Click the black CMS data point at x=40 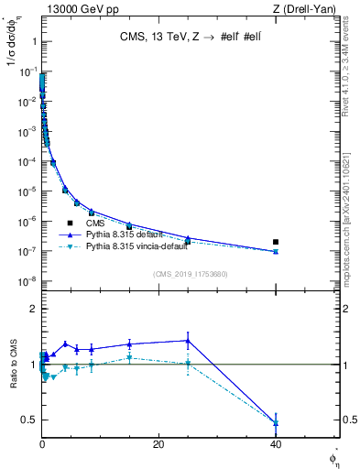pyautogui.click(x=276, y=242)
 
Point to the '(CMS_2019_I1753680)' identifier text pyautogui.click(x=191, y=273)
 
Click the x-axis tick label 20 pyautogui.click(x=158, y=443)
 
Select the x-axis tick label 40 pyautogui.click(x=276, y=443)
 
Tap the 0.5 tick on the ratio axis pyautogui.click(x=29, y=420)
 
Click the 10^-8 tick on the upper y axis pyautogui.click(x=27, y=281)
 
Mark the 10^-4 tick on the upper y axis pyautogui.click(x=27, y=162)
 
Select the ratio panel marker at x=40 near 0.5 pyautogui.click(x=276, y=422)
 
